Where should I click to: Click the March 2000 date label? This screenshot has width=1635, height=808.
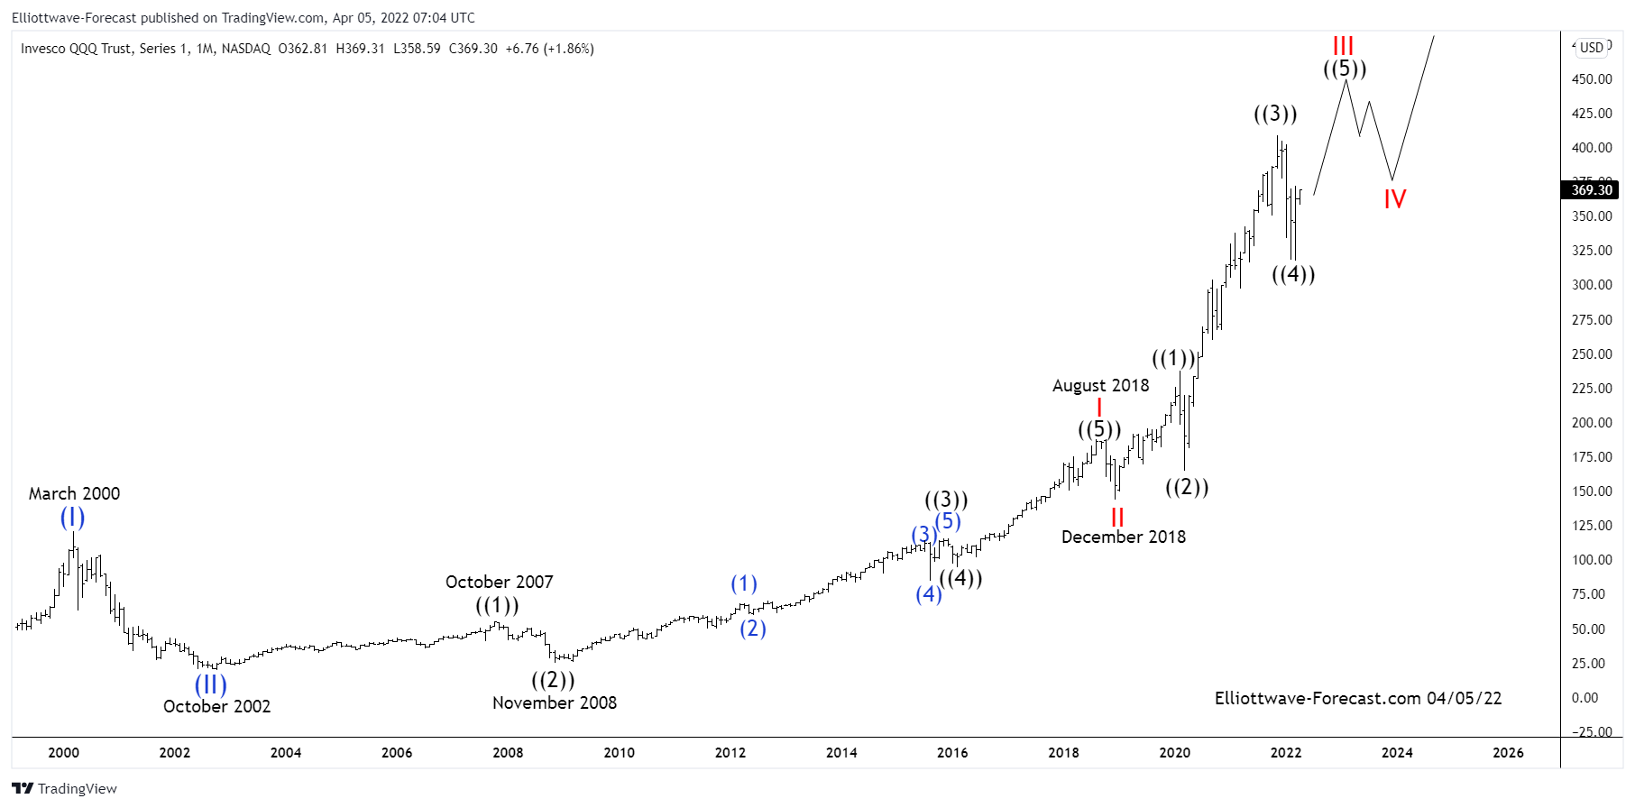pyautogui.click(x=74, y=493)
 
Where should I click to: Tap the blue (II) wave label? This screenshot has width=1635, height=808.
pyautogui.click(x=211, y=684)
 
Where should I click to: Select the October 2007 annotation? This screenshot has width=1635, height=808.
pyautogui.click(x=499, y=582)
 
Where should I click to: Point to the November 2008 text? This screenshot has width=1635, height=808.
pyautogui.click(x=555, y=702)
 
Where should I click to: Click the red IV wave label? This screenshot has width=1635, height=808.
pyautogui.click(x=1394, y=198)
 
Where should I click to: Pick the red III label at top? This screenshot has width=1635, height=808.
pyautogui.click(x=1343, y=45)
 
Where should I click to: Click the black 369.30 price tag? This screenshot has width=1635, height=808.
pyautogui.click(x=1591, y=189)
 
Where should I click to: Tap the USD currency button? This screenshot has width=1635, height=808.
pyautogui.click(x=1592, y=48)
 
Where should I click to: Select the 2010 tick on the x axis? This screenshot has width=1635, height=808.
pyautogui.click(x=619, y=752)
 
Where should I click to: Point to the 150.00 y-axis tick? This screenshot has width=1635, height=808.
pyautogui.click(x=1592, y=491)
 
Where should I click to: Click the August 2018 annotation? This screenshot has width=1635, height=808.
pyautogui.click(x=1100, y=385)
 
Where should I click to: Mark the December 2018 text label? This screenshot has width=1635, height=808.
pyautogui.click(x=1123, y=537)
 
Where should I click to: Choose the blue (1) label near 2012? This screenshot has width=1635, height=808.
pyautogui.click(x=744, y=583)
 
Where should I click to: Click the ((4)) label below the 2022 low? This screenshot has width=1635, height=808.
pyautogui.click(x=1293, y=274)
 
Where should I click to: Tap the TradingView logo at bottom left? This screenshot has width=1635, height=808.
pyautogui.click(x=65, y=788)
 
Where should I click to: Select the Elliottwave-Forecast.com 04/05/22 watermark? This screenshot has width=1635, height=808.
pyautogui.click(x=1357, y=698)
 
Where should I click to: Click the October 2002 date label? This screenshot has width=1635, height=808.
pyautogui.click(x=216, y=706)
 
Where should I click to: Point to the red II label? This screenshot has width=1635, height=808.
pyautogui.click(x=1117, y=517)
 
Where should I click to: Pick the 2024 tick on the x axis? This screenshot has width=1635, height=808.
pyautogui.click(x=1397, y=752)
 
